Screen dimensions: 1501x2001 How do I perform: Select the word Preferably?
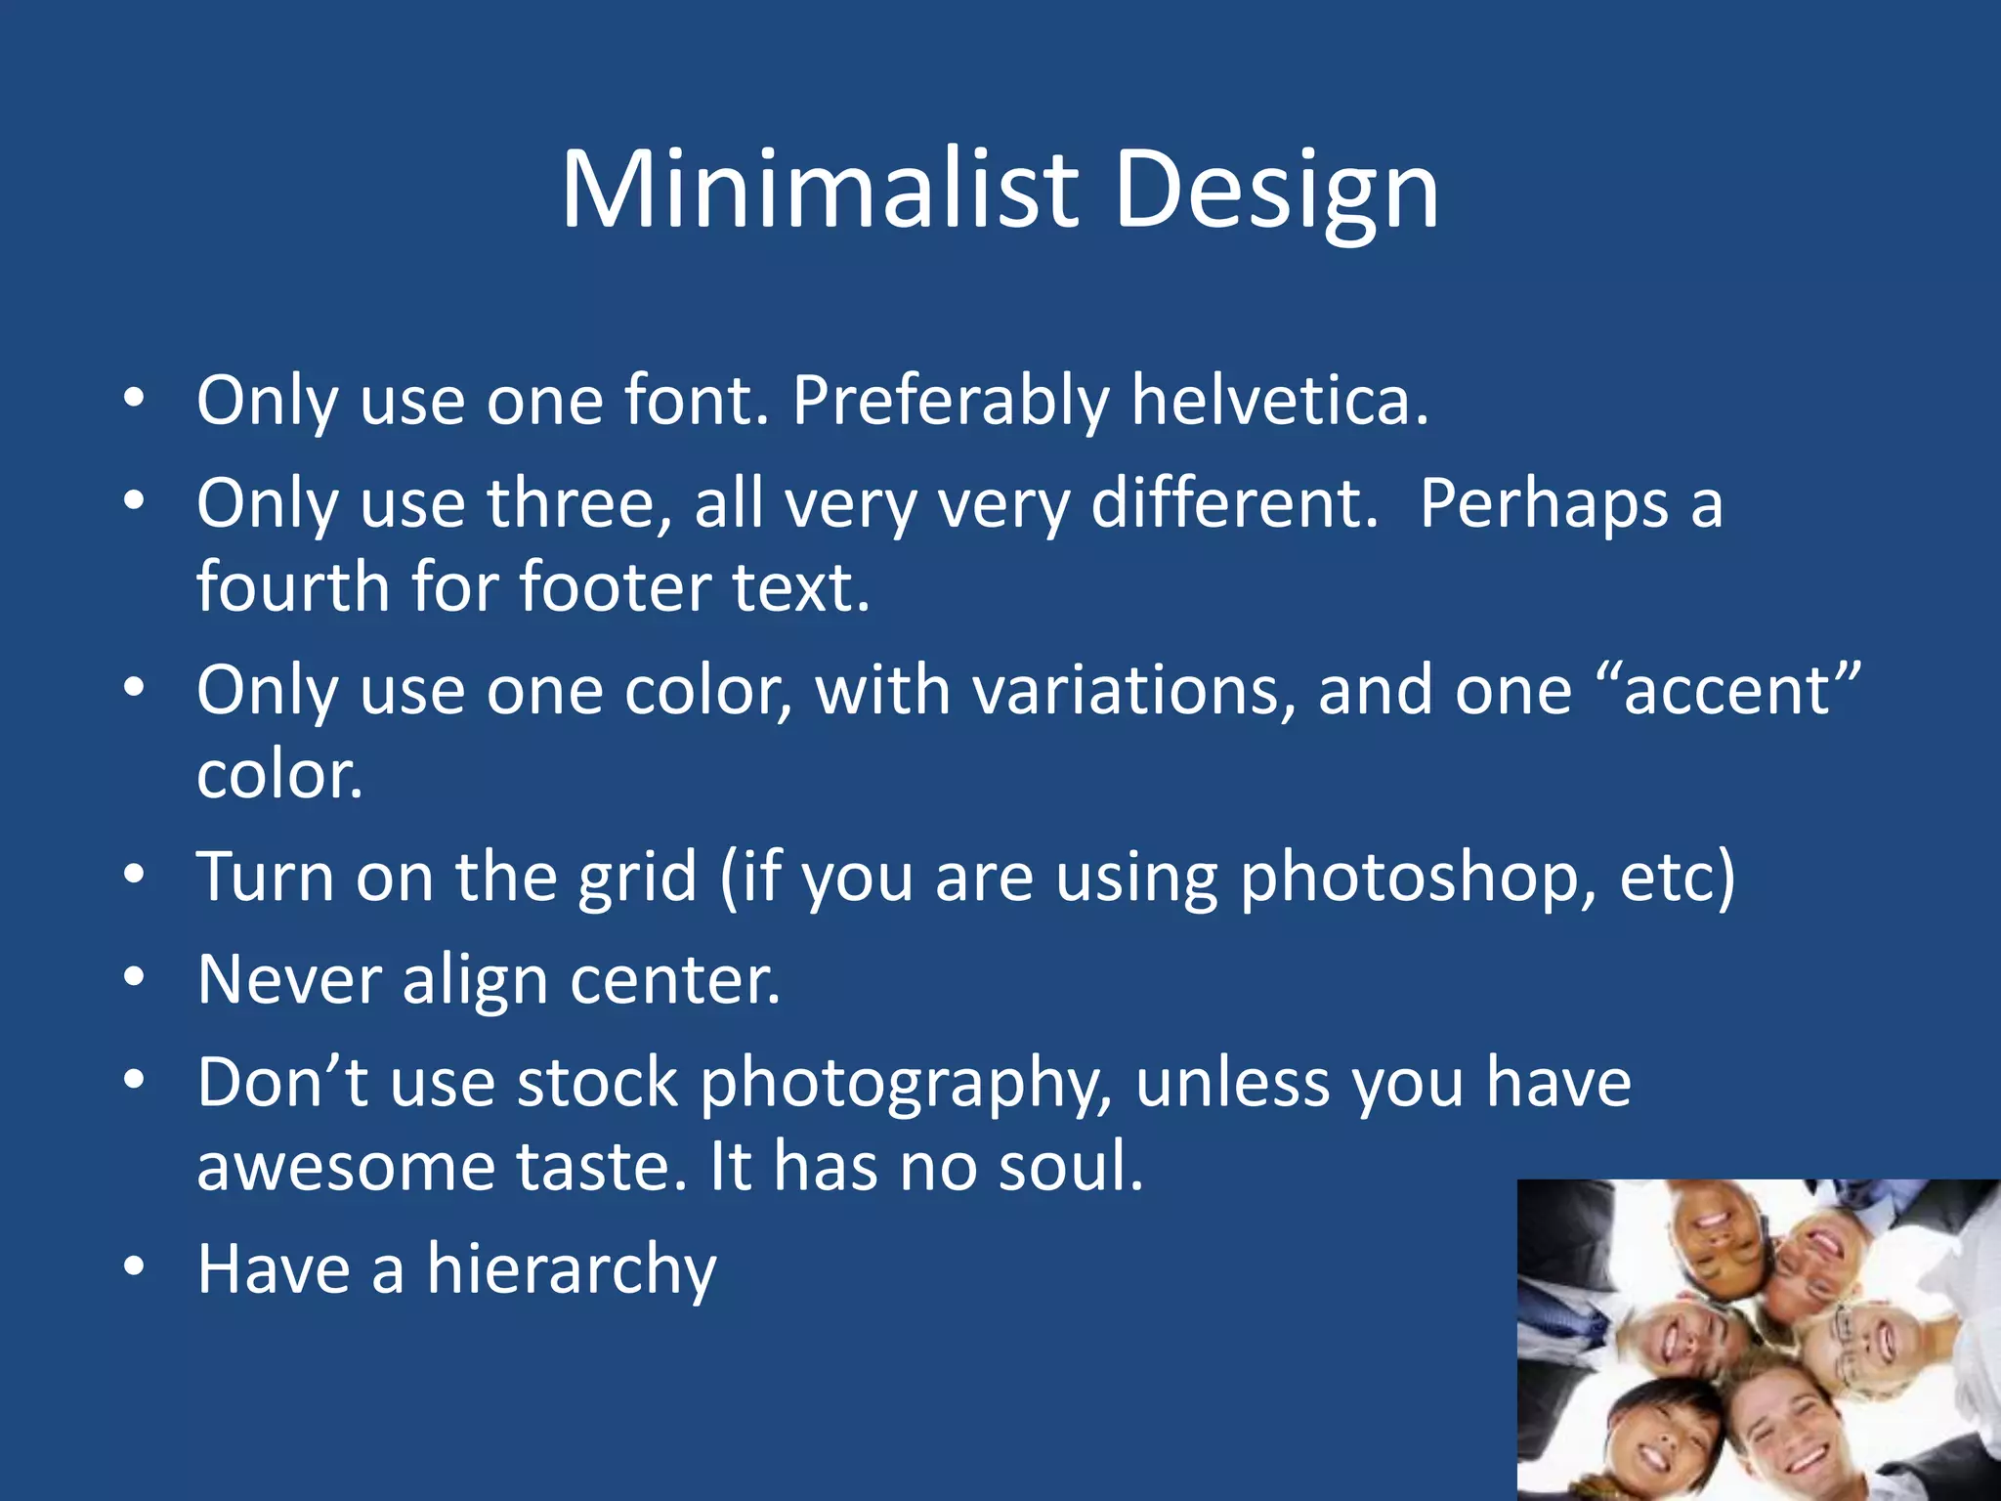[950, 401]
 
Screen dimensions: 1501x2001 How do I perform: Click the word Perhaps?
[1544, 504]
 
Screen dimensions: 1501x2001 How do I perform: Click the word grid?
[637, 877]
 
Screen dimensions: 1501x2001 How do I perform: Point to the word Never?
[289, 979]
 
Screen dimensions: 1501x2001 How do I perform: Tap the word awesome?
[346, 1167]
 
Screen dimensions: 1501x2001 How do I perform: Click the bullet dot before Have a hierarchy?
[134, 1267]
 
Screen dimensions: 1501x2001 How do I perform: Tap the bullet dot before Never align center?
[134, 977]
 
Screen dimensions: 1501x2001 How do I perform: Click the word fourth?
[293, 587]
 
